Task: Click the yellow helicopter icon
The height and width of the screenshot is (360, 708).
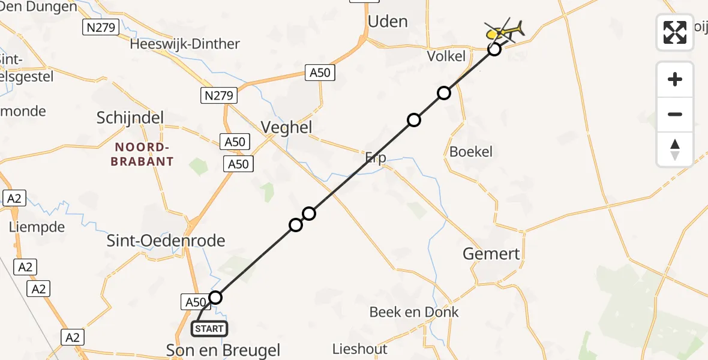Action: point(505,30)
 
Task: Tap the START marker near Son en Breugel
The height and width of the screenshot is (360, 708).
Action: point(209,329)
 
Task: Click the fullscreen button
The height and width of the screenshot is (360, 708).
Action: point(675,32)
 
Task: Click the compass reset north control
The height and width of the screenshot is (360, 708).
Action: point(675,149)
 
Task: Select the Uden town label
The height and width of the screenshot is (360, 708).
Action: point(388,22)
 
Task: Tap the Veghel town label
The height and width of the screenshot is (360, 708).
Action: point(287,127)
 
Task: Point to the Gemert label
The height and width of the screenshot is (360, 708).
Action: point(491,254)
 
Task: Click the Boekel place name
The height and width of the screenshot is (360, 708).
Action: point(471,152)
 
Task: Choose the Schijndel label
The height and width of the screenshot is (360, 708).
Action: point(130,118)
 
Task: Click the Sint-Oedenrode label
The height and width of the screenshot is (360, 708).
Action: point(166,241)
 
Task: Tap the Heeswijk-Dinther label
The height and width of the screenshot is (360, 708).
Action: point(185,44)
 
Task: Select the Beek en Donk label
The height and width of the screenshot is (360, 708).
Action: point(414,312)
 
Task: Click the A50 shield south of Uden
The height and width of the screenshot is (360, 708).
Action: point(319,73)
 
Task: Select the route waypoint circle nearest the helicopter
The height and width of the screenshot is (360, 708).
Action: point(494,49)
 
